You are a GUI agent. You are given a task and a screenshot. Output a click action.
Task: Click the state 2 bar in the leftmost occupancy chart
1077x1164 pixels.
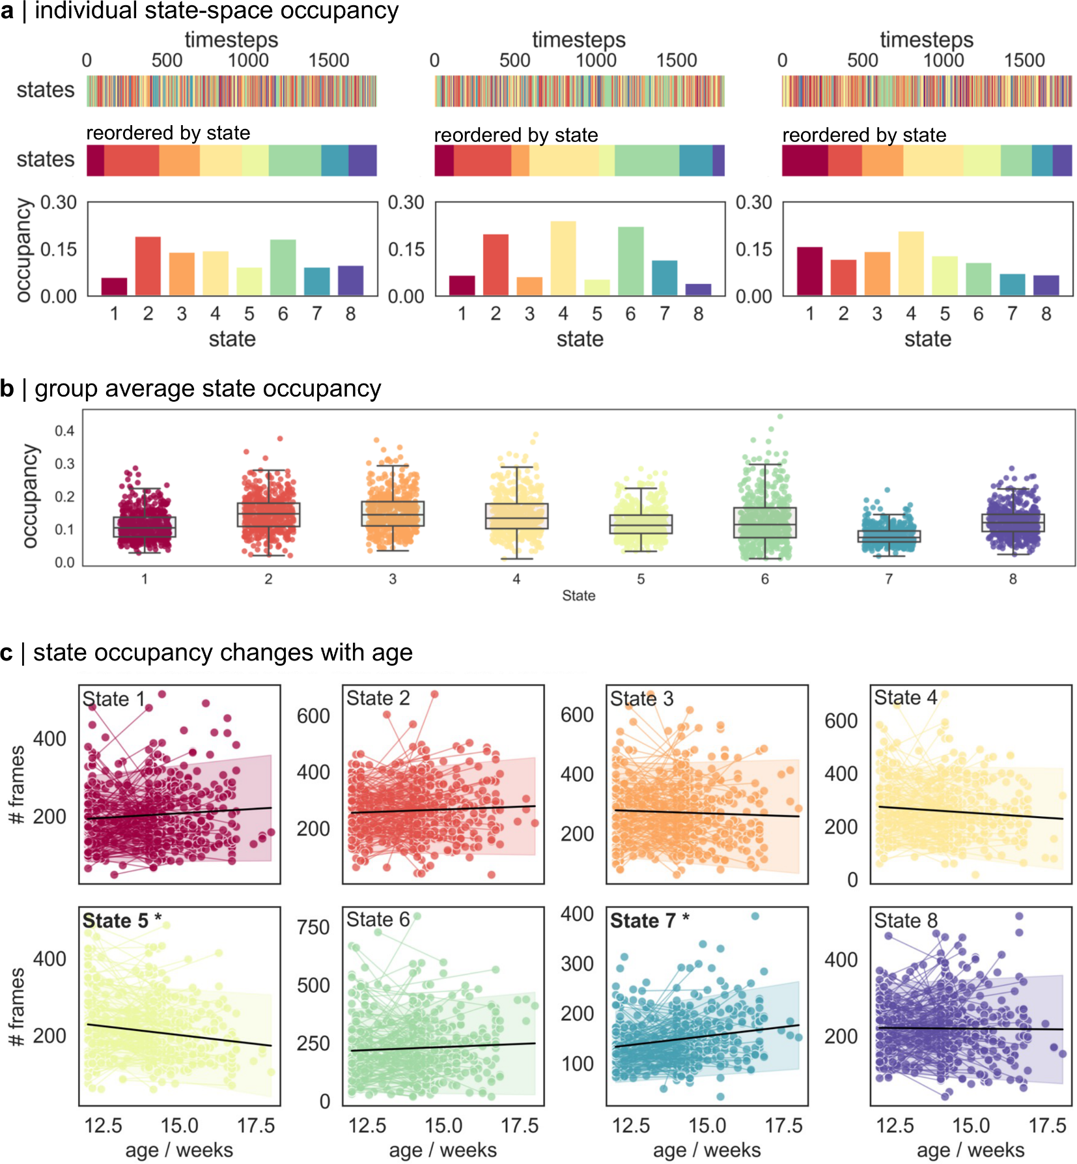click(148, 266)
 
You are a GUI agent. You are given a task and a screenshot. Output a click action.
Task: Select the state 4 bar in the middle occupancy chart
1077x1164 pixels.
click(563, 259)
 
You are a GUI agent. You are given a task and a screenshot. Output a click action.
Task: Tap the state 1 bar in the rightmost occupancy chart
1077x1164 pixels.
click(809, 271)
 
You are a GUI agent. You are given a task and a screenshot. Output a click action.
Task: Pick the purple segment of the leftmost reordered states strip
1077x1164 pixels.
click(362, 160)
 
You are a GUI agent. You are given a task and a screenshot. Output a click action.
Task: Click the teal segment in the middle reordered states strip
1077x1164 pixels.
click(695, 160)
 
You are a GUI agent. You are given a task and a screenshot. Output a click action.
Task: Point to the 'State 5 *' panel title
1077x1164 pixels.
click(122, 920)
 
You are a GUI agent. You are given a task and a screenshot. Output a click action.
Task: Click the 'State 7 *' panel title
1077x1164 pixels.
click(649, 920)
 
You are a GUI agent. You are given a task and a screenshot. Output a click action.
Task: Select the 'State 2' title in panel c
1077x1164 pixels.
click(378, 698)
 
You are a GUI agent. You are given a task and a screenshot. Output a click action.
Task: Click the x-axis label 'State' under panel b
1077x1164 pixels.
click(578, 595)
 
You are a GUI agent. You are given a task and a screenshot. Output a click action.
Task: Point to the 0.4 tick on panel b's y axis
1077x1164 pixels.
click(64, 431)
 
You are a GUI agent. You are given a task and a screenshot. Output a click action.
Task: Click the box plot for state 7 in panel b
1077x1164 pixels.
click(889, 536)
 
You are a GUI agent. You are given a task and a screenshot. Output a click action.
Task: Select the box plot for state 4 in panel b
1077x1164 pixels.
click(516, 516)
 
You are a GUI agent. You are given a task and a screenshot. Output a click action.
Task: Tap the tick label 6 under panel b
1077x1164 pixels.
click(764, 579)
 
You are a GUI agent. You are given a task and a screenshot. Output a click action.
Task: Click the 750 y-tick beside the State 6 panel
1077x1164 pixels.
click(313, 927)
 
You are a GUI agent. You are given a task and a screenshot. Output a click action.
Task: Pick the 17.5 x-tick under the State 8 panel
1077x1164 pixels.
click(1047, 1126)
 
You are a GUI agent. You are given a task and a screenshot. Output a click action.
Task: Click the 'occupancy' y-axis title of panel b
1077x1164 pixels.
click(29, 496)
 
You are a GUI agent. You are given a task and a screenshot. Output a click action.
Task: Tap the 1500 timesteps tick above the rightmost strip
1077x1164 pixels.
click(1024, 61)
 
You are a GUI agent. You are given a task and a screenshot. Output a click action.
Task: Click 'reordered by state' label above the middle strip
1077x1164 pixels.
click(516, 135)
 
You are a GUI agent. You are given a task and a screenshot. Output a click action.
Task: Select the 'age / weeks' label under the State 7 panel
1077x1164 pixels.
click(706, 1150)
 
